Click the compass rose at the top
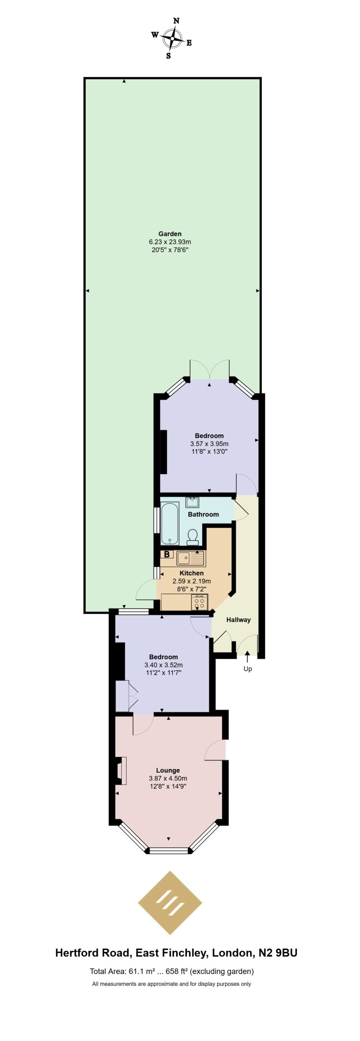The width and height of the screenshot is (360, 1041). (172, 38)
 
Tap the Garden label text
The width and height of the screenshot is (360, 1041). (170, 234)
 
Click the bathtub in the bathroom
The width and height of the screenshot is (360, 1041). (170, 524)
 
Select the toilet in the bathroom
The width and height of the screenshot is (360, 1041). (192, 537)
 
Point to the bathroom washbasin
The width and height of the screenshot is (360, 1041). (192, 502)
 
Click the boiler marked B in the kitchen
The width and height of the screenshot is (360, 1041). (167, 554)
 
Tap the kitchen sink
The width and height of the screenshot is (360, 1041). (190, 558)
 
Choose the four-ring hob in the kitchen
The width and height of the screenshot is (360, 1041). (199, 603)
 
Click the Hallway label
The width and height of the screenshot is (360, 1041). (238, 620)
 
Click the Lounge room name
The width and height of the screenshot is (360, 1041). (168, 770)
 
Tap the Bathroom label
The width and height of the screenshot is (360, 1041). (203, 514)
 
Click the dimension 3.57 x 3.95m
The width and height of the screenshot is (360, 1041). (209, 444)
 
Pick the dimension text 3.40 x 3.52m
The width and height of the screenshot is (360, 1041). (164, 665)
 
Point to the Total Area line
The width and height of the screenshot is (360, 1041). (172, 971)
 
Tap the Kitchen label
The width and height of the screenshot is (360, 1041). (192, 573)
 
